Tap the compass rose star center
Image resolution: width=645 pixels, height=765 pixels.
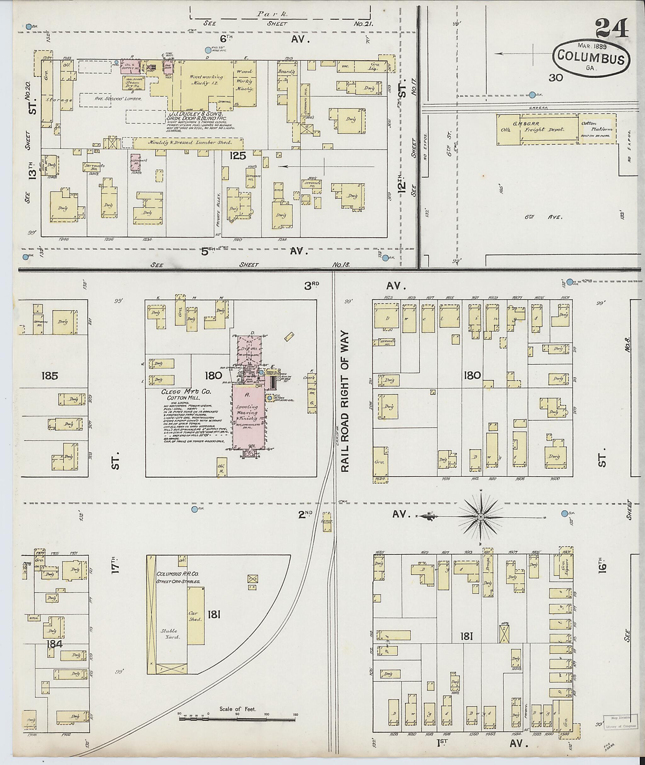481,517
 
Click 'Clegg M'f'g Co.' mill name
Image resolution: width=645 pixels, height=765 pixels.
186,392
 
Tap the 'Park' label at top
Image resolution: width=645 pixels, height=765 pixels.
272,14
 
